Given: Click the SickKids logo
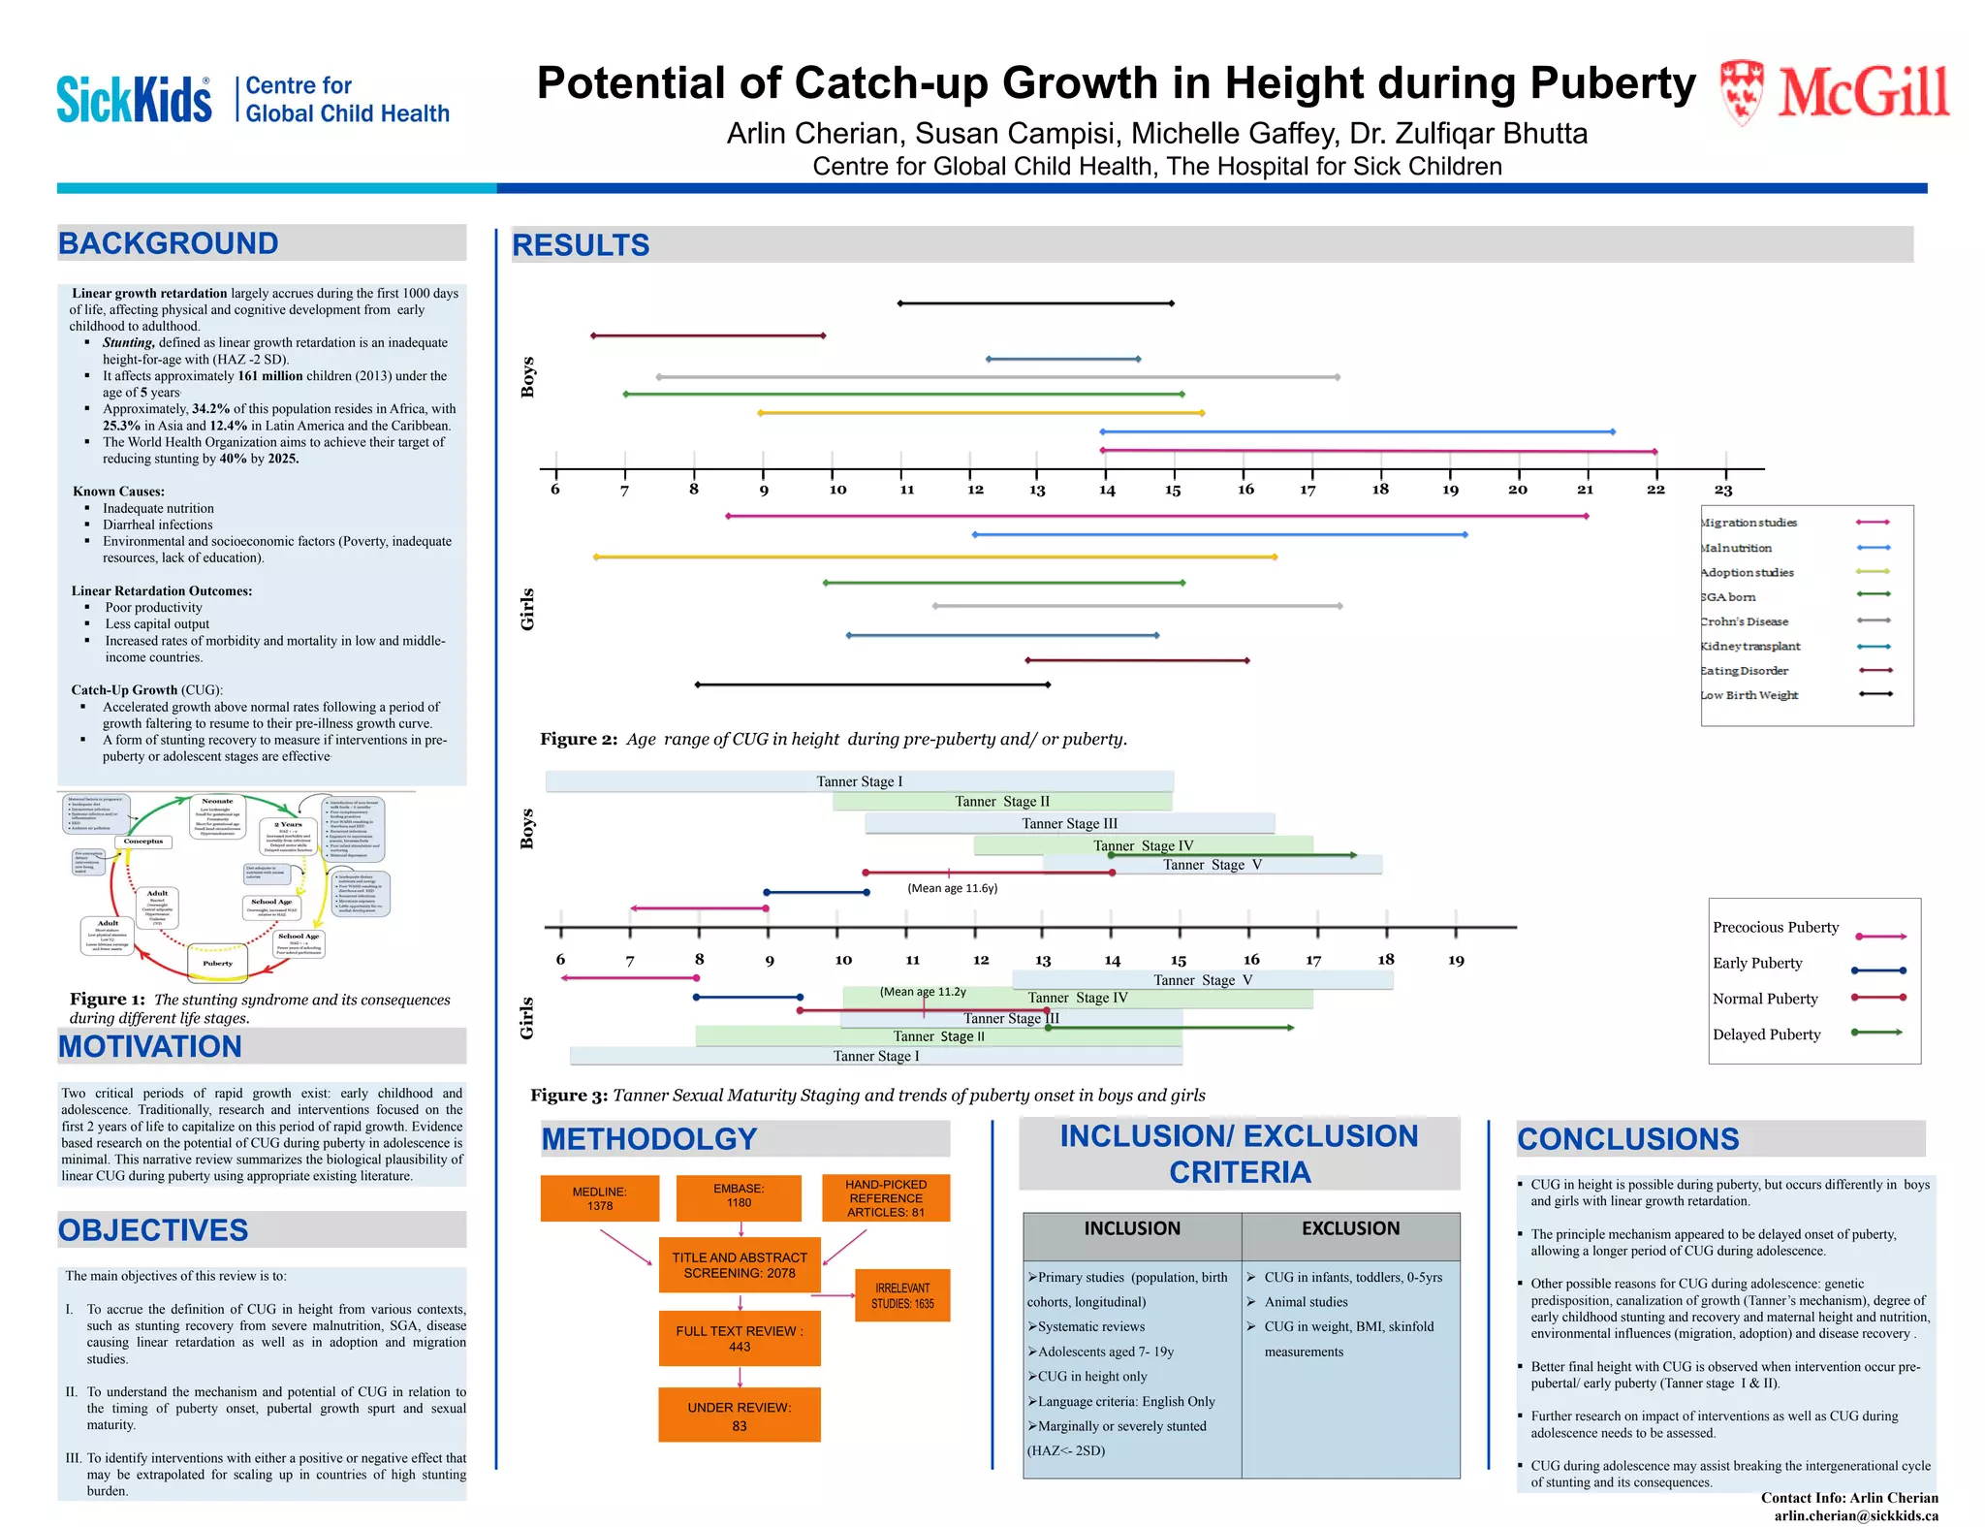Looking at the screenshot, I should click(x=134, y=99).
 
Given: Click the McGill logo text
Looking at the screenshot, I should click(x=1862, y=94).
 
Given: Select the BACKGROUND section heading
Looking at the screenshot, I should click(x=169, y=243).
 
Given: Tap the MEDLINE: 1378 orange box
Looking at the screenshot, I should click(x=600, y=1198).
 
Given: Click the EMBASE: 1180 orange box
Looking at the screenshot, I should click(x=739, y=1195).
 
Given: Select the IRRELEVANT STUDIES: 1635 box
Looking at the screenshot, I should click(x=902, y=1295).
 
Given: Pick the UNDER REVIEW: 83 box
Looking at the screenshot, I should click(x=740, y=1416).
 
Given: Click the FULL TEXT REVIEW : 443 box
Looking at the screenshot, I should click(x=740, y=1338).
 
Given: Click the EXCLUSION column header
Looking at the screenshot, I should click(x=1350, y=1228).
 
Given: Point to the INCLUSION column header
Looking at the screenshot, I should click(x=1132, y=1228).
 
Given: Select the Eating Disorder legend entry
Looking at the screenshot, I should click(x=1745, y=671).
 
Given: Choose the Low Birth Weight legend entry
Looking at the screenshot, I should click(x=1749, y=695).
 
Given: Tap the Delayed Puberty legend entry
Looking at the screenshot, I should click(x=1766, y=1034).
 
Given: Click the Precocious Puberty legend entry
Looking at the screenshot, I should click(x=1775, y=927).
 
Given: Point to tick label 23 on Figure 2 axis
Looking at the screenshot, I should click(x=1722, y=491).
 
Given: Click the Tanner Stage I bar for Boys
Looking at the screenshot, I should click(x=859, y=781).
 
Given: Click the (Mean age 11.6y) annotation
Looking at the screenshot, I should click(x=952, y=888).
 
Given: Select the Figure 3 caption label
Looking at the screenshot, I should click(x=569, y=1096).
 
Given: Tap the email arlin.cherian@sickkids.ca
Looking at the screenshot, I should click(x=1855, y=1515).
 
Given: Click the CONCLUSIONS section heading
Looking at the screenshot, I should click(x=1627, y=1139).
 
